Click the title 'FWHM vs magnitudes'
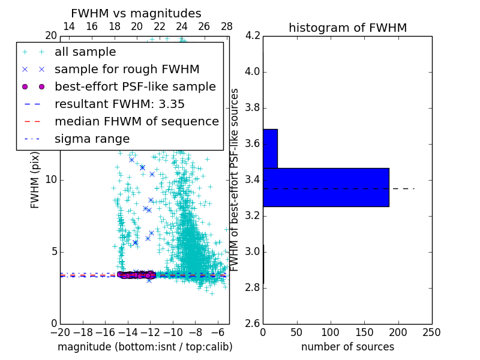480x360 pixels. pos(136,13)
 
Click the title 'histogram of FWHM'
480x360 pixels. pos(347,28)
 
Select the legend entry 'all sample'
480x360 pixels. pos(85,52)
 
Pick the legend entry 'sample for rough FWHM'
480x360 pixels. pos(127,69)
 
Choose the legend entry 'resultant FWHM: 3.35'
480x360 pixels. pos(119,104)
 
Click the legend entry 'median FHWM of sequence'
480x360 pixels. pos(136,121)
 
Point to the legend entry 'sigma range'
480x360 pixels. pos(92,139)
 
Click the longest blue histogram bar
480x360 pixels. pos(326,187)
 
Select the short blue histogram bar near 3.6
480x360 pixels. pos(270,148)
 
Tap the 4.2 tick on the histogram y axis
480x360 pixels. pos(252,36)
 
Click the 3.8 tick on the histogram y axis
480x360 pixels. pos(252,108)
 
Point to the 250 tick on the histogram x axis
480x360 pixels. pos(431,332)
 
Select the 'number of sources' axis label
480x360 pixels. pos(347,347)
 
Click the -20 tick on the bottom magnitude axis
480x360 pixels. pos(60,332)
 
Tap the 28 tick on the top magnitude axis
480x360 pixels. pos(227,26)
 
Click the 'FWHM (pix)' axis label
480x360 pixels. pos(35,180)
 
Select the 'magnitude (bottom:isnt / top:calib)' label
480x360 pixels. pos(145,347)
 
